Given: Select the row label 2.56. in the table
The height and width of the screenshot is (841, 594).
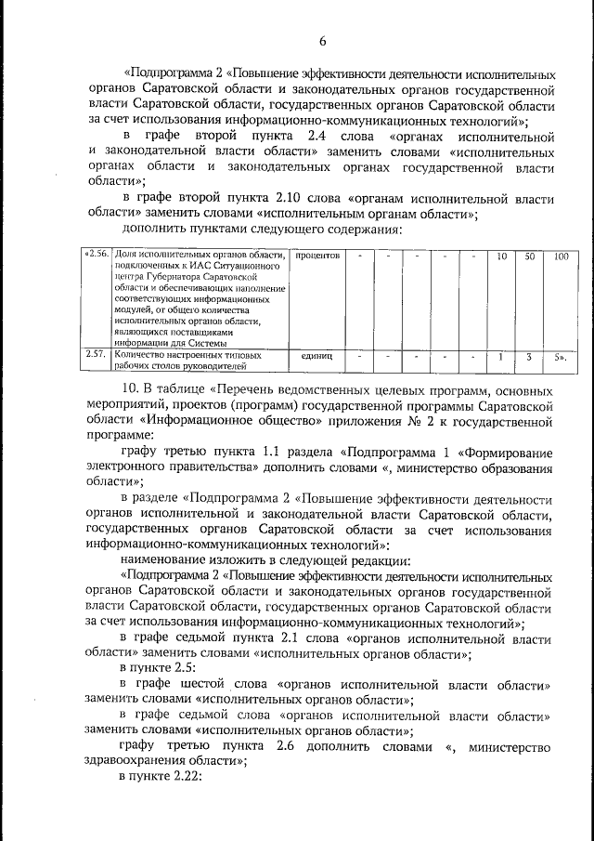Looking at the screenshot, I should pos(97,255).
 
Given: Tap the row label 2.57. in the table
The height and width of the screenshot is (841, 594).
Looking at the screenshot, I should pos(96,354).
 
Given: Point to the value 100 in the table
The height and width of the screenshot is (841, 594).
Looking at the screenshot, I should pos(560,255).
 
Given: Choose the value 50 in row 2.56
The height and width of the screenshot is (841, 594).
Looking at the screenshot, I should pos(529,255).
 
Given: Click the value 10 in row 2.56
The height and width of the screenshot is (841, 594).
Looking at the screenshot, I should pos(500,255).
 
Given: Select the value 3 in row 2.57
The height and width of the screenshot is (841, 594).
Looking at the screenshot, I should pos(529,355).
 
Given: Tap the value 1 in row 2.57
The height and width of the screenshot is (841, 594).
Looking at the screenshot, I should pos(500,355).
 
